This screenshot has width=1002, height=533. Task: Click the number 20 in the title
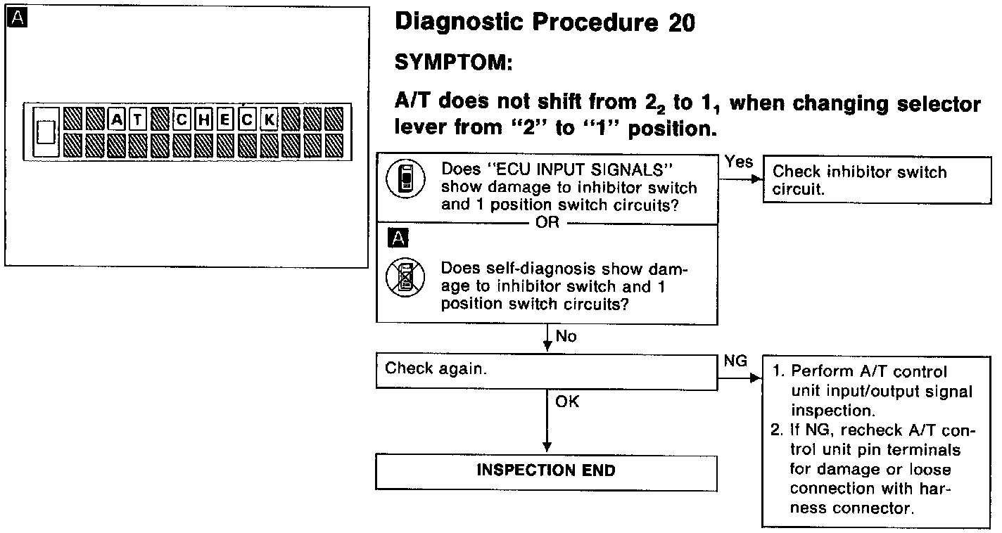coord(679,24)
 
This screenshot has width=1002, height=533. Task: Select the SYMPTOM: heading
coord(452,63)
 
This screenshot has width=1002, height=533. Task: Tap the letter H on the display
coord(204,120)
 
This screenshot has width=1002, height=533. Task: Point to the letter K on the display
coord(269,120)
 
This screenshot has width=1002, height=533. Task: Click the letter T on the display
coord(139,120)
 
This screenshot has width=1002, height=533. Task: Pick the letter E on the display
coord(226,120)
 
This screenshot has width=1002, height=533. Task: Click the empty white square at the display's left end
coord(46,132)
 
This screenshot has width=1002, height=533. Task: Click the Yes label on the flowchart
coord(738,162)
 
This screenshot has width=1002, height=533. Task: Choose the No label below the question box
coord(566,337)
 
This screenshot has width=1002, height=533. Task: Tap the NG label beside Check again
coord(735,361)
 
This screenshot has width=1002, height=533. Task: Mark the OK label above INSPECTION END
coord(567,402)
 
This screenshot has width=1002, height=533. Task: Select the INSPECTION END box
coord(546,472)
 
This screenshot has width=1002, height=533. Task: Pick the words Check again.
coord(436,368)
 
